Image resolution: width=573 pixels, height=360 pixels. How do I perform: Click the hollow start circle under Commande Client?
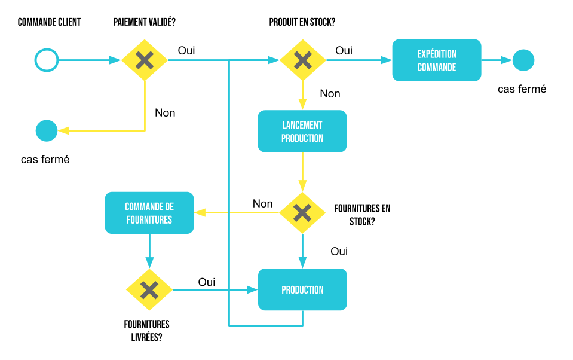coord(46,60)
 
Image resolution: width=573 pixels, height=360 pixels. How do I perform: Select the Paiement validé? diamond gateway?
coord(145,60)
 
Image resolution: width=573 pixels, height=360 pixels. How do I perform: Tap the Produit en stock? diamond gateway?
coord(303,60)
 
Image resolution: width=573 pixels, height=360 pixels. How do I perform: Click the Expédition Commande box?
coord(436,60)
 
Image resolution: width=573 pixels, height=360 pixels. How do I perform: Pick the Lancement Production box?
coord(302,131)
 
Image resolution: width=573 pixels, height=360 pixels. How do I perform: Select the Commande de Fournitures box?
coord(149,213)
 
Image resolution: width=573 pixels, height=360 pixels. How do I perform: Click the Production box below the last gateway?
coord(302,289)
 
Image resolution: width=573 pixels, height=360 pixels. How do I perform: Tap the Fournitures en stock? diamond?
coord(302,213)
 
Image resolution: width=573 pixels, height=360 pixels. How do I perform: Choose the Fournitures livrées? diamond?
coord(149,290)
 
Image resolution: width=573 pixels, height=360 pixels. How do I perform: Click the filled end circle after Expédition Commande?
coord(523,60)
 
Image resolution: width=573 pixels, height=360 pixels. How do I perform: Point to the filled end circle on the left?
coord(47,130)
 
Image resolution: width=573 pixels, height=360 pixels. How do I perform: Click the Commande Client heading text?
coord(49,23)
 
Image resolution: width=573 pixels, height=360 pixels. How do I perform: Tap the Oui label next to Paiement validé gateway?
coord(186,51)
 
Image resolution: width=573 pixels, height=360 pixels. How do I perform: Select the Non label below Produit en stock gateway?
coord(330,94)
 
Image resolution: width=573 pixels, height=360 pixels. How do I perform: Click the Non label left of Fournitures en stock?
coord(262,203)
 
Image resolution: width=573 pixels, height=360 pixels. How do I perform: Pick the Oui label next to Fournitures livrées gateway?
coord(207,282)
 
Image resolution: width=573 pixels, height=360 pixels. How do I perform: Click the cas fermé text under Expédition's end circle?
coord(522,89)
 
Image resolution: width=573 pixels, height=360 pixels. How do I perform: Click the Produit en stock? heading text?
coord(302,23)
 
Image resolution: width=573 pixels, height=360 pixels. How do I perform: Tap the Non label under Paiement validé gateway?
coord(165,112)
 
